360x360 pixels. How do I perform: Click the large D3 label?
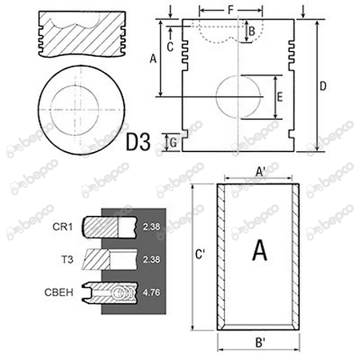click(138, 142)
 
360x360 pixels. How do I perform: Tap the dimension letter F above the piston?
click(230, 10)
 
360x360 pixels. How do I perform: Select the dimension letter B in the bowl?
click(251, 31)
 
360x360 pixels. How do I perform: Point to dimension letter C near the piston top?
click(170, 47)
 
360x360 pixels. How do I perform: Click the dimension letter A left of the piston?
click(153, 58)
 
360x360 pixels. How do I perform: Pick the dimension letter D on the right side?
click(322, 86)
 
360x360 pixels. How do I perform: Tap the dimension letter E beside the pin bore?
click(280, 97)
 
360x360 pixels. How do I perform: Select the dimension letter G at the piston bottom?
click(174, 143)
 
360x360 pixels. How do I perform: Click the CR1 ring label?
click(62, 227)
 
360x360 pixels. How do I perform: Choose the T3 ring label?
click(67, 259)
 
